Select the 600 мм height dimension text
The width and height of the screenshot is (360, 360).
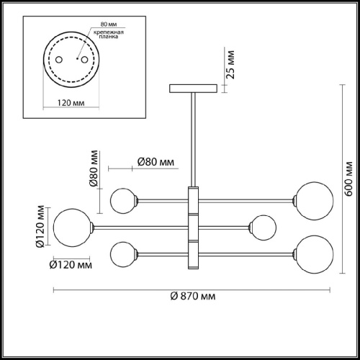[348, 180]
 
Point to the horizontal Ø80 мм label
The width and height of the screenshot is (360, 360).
[156, 162]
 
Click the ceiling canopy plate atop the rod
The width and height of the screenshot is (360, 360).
[193, 89]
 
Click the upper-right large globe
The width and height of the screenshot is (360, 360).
[313, 197]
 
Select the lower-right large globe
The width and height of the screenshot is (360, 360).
[313, 252]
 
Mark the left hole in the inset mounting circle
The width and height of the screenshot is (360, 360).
[59, 58]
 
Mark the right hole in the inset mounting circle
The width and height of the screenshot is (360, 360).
[85, 58]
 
